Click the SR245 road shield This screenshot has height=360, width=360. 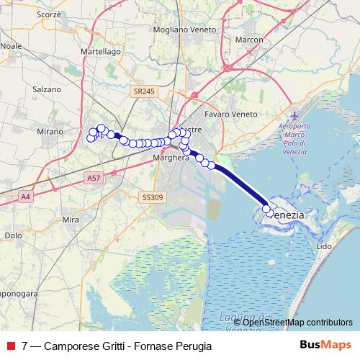coord(144,91)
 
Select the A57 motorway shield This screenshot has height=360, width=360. coord(93,176)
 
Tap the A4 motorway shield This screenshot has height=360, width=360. coord(25,196)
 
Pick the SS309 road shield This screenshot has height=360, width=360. coord(152,196)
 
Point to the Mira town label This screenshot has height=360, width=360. coord(71,219)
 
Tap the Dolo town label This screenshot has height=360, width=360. coord(14,235)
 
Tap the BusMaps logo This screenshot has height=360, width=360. coord(325,345)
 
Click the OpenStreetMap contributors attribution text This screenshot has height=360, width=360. coord(298,322)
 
